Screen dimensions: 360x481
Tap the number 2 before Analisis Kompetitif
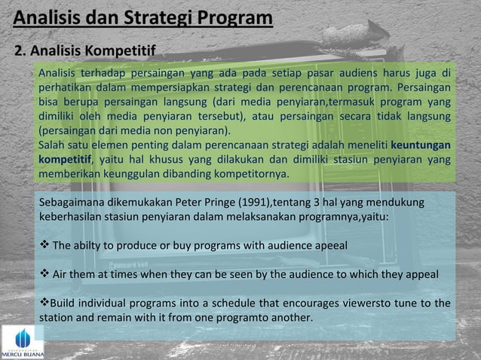(x=20, y=52)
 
